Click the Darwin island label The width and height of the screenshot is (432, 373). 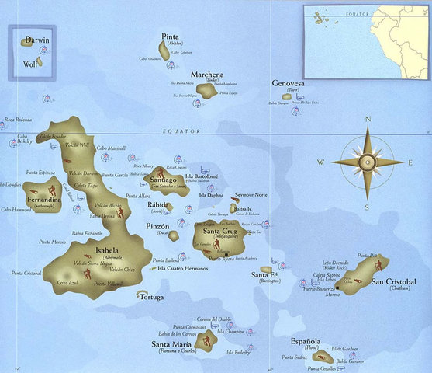pos(36,39)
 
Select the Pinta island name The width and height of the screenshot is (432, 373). pos(170,37)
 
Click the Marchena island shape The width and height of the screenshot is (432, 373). pos(206,91)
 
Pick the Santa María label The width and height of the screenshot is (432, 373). pos(172,344)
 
